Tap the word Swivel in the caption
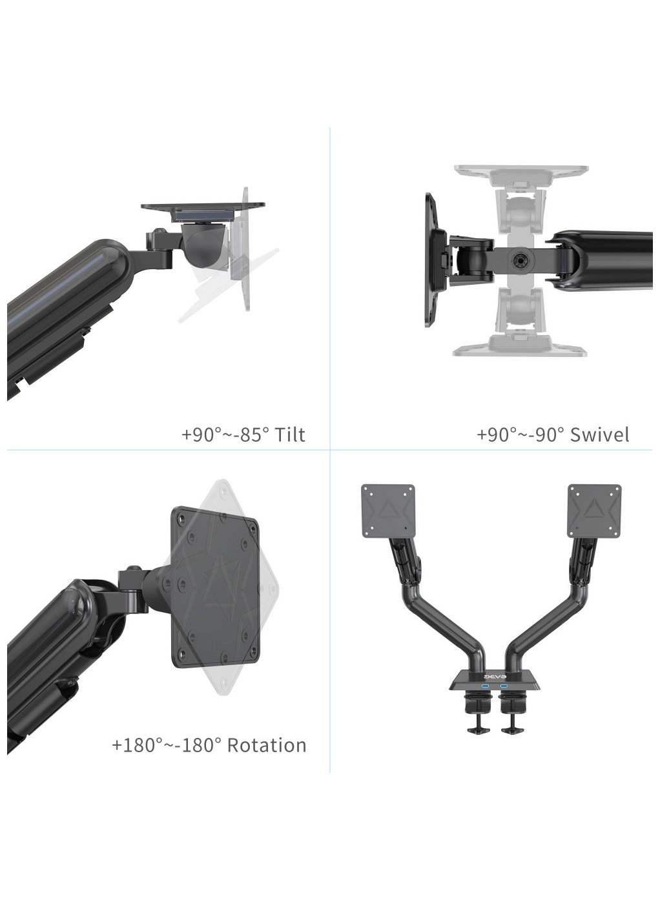599,435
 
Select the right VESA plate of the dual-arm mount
595,510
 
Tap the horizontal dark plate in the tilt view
204,210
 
